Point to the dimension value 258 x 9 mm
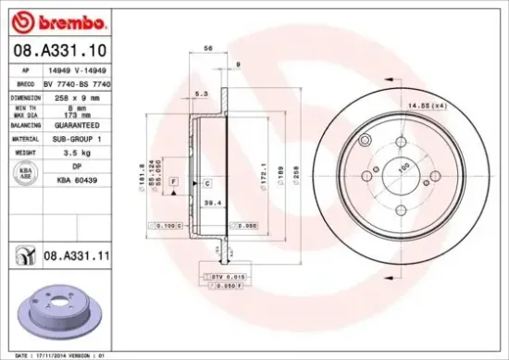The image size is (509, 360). pos(76,96)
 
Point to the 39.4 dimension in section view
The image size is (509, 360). pos(210,201)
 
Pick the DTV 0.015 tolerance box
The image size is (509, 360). pos(219,276)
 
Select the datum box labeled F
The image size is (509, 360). pos(172,183)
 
